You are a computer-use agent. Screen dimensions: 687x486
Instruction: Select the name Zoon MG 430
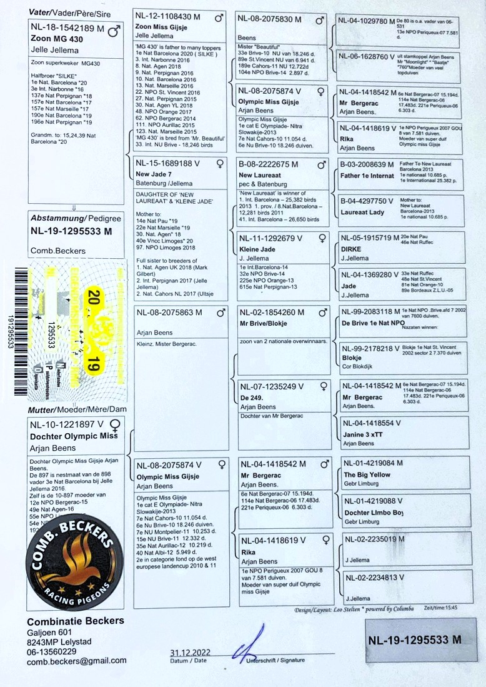[x=56, y=39]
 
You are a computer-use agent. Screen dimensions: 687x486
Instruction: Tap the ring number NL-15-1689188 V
[x=172, y=164]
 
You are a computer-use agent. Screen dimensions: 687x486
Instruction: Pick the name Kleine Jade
[x=257, y=249]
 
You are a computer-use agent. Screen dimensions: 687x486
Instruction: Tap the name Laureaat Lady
[x=362, y=212]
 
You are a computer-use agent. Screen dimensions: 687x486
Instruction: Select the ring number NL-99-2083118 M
[x=370, y=311]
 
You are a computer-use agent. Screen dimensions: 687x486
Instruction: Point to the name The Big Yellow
[x=367, y=474]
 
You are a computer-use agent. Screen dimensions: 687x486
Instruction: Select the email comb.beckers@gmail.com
[x=77, y=660]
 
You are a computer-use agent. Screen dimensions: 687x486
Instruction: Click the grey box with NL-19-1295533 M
[x=415, y=639]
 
